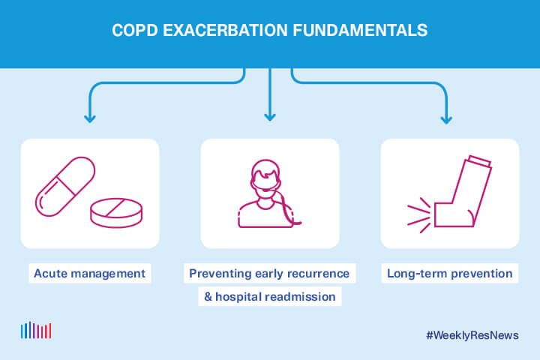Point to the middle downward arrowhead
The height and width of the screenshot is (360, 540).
click(x=270, y=116)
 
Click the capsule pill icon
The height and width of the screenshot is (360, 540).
click(x=65, y=187)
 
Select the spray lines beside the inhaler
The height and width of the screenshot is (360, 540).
click(x=418, y=214)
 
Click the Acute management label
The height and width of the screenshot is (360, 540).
click(x=89, y=273)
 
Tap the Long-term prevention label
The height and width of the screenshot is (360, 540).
click(x=449, y=273)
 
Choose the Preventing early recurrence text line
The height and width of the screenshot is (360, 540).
click(x=270, y=273)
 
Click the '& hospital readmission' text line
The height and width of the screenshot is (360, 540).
click(x=270, y=296)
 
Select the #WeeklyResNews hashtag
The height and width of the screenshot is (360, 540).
click(x=472, y=335)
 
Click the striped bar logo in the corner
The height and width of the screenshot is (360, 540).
click(x=36, y=331)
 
